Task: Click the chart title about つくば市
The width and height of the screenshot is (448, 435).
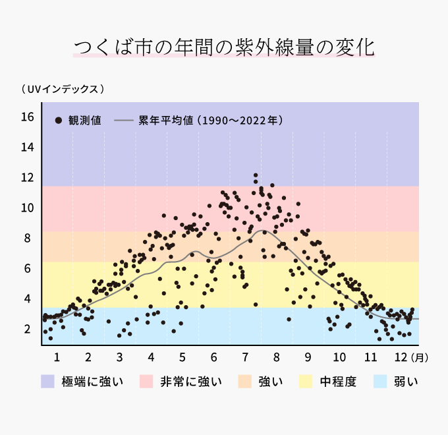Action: click(224, 47)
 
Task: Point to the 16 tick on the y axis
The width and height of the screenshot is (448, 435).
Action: click(27, 117)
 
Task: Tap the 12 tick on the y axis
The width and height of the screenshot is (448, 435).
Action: click(27, 177)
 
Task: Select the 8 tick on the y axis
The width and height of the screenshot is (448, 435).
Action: click(27, 238)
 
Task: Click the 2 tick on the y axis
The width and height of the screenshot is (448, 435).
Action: click(27, 329)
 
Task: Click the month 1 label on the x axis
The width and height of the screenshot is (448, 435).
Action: click(57, 357)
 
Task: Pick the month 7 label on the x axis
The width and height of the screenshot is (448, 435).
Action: click(245, 357)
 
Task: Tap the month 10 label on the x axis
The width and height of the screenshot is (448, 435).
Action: click(339, 357)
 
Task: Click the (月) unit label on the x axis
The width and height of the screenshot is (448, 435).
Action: click(420, 358)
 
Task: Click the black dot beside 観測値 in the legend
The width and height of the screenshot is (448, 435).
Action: click(59, 121)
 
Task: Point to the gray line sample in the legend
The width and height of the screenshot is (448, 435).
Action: click(124, 121)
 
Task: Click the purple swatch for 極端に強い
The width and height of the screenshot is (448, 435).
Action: click(47, 382)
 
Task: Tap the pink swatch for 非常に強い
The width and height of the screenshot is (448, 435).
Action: click(147, 382)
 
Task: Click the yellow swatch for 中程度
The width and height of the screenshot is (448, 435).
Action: click(306, 382)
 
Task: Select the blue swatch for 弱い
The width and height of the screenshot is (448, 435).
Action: click(380, 382)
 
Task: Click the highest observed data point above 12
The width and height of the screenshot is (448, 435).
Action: click(256, 175)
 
